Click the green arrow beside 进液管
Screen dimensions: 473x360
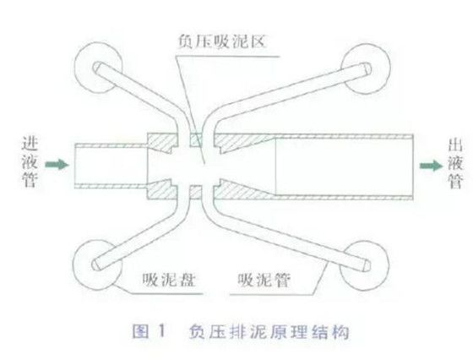click(57, 165)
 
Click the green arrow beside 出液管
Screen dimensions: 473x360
click(432, 166)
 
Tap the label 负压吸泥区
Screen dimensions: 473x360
click(221, 41)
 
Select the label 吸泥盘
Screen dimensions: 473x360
click(169, 281)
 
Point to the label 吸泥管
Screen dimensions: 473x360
click(264, 281)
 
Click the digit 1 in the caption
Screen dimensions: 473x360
click(162, 330)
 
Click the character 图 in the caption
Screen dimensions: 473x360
click(140, 331)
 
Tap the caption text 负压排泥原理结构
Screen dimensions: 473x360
click(269, 332)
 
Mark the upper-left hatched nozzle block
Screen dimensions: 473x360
click(160, 142)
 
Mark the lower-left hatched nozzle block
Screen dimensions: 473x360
click(160, 190)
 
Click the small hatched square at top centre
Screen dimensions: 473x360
click(195, 139)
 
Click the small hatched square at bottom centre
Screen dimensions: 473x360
click(195, 193)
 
